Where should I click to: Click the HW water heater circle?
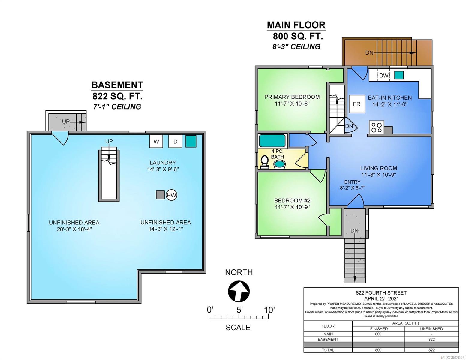click(171, 195)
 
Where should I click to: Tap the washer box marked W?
click(156, 141)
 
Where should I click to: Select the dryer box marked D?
click(175, 141)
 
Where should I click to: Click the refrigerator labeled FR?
click(357, 104)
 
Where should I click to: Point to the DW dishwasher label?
click(384, 76)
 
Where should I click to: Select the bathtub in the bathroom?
click(272, 140)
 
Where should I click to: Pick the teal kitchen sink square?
click(399, 75)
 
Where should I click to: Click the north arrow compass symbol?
click(239, 291)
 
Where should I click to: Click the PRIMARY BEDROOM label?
click(292, 97)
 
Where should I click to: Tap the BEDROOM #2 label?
click(292, 200)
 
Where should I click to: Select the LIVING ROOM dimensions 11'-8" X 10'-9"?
click(378, 175)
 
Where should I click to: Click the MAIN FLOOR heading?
click(296, 25)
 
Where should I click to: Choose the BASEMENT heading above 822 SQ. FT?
click(117, 85)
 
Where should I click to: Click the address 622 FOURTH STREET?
click(381, 293)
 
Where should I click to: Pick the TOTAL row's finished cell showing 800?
click(378, 350)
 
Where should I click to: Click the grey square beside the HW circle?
click(160, 195)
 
